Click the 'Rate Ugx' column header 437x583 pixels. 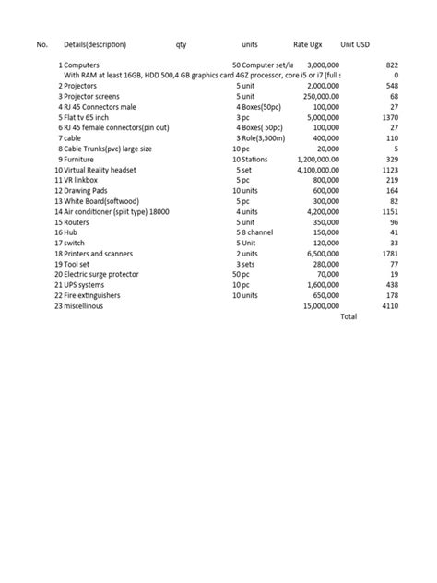click(307, 44)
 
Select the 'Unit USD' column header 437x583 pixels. click(355, 44)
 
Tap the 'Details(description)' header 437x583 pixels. click(95, 44)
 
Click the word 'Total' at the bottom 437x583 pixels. click(348, 316)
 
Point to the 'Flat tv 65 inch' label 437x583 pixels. click(89, 118)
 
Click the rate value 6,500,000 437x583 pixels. click(321, 254)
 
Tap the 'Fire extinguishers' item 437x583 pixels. click(94, 295)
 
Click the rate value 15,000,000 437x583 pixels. click(321, 306)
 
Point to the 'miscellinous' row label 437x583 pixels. click(83, 306)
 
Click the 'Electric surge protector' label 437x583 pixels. click(101, 274)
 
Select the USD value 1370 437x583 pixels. click(389, 118)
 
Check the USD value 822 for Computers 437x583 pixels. click(392, 65)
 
